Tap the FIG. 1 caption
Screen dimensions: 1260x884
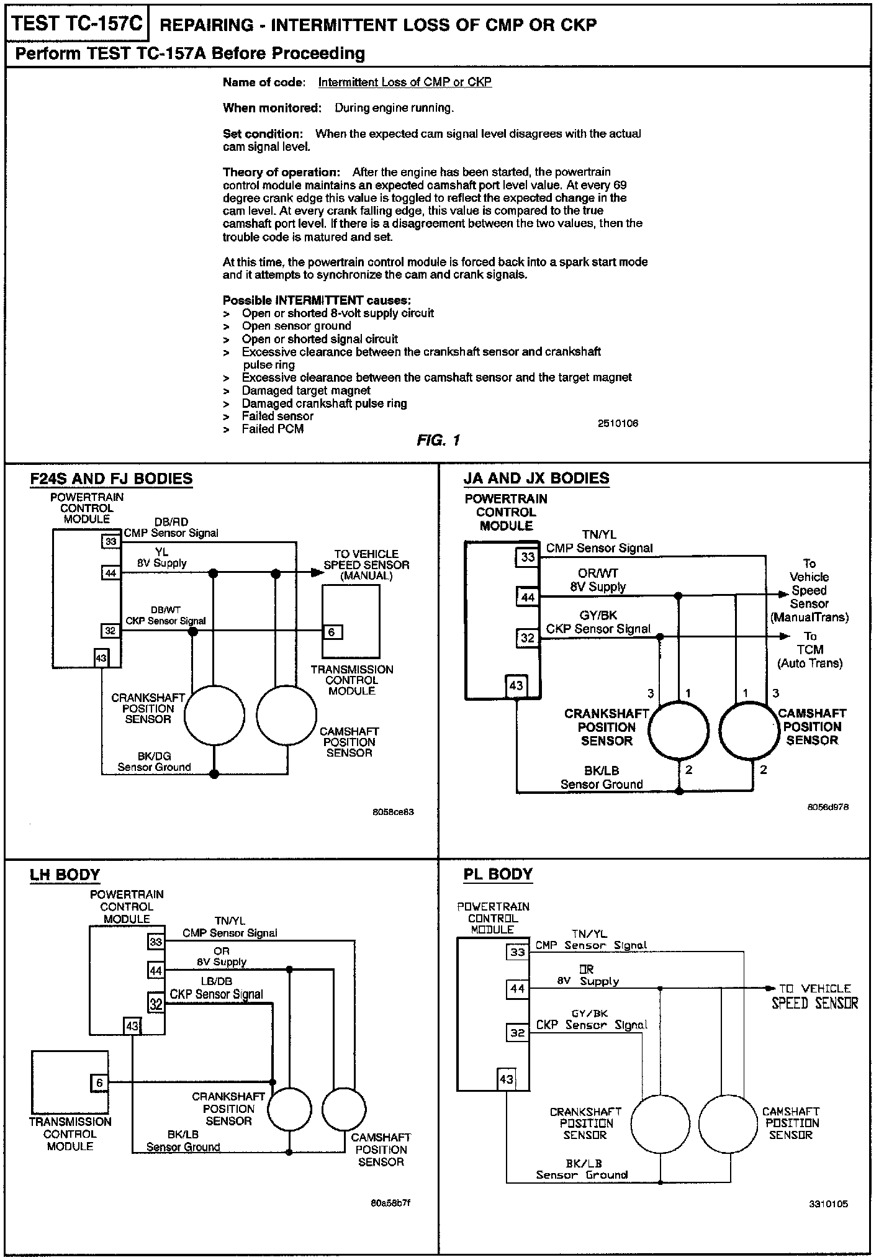438,441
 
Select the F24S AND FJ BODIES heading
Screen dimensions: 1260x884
111,479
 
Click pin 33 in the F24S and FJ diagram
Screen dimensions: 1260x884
110,542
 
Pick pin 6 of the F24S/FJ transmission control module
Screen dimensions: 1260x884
331,632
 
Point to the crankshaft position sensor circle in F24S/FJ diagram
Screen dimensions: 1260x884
214,715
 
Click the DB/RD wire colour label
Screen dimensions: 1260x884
171,522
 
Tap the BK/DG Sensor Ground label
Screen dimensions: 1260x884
154,762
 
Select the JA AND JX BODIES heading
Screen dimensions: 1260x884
536,478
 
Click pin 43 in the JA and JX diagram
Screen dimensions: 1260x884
516,685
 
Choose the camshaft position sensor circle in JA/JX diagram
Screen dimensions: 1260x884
749,730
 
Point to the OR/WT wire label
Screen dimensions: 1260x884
598,573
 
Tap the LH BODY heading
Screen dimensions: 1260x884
65,875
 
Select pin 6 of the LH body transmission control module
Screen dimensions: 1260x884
99,1082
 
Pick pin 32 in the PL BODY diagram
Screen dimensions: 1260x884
517,1033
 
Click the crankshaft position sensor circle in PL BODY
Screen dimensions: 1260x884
661,1125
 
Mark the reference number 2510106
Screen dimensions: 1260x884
618,423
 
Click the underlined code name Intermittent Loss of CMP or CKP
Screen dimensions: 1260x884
405,82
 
